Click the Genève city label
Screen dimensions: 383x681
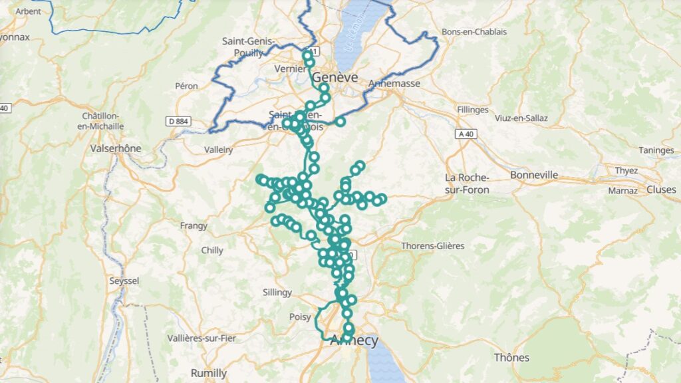tap(336, 77)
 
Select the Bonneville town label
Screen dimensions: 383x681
tap(534, 175)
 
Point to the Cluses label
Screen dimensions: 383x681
tap(661, 190)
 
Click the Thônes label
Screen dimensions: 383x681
tap(511, 358)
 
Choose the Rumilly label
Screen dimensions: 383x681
tap(209, 372)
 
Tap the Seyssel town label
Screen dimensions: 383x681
tap(124, 281)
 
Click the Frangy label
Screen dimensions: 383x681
tap(194, 226)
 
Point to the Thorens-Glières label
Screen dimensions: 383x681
tap(432, 246)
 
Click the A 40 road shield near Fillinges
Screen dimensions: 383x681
tap(467, 134)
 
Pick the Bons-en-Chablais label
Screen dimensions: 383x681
tap(474, 32)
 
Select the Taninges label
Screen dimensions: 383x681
tap(656, 150)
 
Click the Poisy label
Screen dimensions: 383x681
tap(300, 317)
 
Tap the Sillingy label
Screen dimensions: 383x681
tap(277, 292)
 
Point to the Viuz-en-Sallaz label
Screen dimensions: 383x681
tap(521, 118)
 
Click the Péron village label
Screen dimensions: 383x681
tap(187, 86)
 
